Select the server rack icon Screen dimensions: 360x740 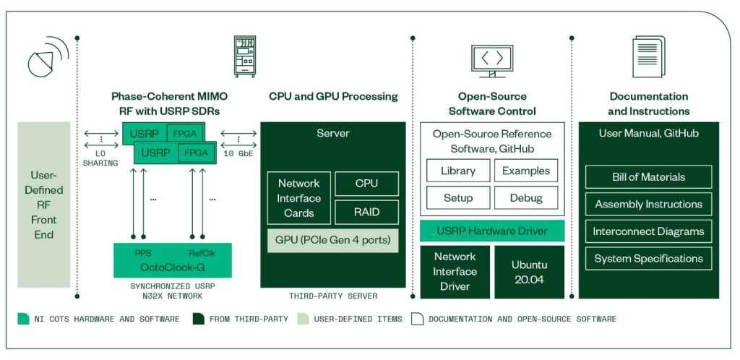[x=244, y=56]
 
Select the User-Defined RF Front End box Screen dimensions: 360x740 [x=44, y=205]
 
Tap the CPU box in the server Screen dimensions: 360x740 [x=366, y=184]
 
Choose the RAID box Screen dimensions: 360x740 [x=366, y=212]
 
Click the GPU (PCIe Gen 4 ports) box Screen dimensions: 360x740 [x=332, y=240]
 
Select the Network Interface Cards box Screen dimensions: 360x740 [x=298, y=198]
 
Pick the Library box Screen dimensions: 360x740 [x=457, y=171]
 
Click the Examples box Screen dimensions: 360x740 [x=525, y=171]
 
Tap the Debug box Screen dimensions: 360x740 [x=525, y=197]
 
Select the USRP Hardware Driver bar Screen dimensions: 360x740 [x=491, y=231]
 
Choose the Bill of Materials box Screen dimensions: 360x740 [x=648, y=177]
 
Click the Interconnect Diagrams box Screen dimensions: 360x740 [x=648, y=231]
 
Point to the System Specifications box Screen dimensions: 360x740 [x=648, y=258]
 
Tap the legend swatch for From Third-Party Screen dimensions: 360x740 [x=197, y=319]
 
